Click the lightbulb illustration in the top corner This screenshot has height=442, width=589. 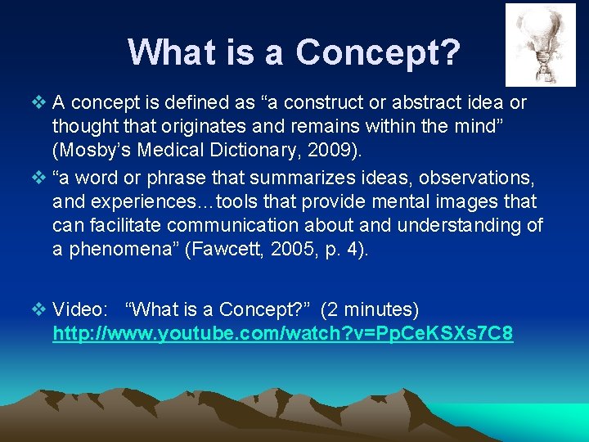click(540, 44)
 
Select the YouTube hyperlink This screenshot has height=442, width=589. click(282, 334)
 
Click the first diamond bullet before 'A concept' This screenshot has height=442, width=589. click(41, 103)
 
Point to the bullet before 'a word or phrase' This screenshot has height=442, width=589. click(41, 178)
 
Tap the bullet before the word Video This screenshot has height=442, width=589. click(41, 310)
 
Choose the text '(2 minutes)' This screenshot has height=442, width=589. click(370, 310)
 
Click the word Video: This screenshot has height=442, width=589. click(80, 310)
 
